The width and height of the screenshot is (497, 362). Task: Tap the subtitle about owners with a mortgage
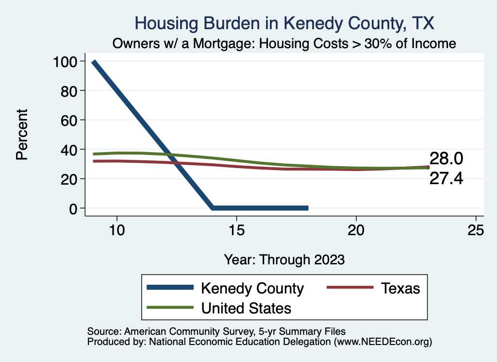click(284, 44)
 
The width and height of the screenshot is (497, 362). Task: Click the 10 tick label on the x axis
click(117, 230)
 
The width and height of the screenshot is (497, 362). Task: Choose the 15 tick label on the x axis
click(236, 230)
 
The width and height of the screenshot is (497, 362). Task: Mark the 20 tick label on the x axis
click(356, 230)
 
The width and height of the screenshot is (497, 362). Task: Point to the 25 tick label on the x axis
click(476, 230)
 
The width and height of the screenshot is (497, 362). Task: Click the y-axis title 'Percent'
click(22, 135)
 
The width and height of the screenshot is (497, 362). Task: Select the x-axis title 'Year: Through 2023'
click(284, 259)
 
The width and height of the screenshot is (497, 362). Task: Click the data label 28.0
click(446, 158)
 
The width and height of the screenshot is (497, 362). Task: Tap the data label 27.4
click(446, 178)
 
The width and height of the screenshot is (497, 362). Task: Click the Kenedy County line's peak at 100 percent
click(94, 62)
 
